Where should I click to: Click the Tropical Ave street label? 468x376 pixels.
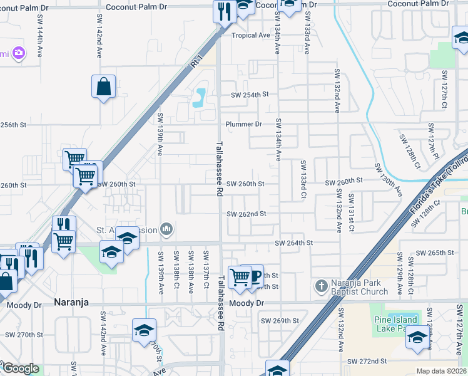(251, 35)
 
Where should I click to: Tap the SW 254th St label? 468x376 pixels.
(249, 95)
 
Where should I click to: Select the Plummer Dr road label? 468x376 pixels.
(243, 124)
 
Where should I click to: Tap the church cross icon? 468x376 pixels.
(320, 286)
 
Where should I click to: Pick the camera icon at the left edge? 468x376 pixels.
(19, 53)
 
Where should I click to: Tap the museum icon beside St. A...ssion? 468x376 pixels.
(166, 229)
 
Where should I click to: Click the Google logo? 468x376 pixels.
(20, 368)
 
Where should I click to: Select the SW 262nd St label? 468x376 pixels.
(247, 214)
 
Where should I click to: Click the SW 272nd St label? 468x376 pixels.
(368, 362)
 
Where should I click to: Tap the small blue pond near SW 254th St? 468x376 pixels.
(200, 97)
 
